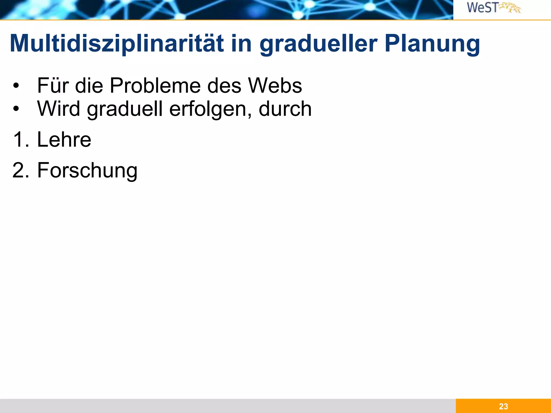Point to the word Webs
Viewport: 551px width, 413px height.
click(275, 86)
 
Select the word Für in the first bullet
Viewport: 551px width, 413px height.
click(53, 86)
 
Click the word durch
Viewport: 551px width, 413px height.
click(285, 109)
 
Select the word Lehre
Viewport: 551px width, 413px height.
click(64, 140)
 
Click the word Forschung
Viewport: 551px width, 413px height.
click(87, 170)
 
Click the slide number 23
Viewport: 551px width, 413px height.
click(503, 406)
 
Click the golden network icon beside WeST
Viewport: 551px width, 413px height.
click(510, 8)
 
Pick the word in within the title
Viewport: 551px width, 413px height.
click(241, 44)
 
